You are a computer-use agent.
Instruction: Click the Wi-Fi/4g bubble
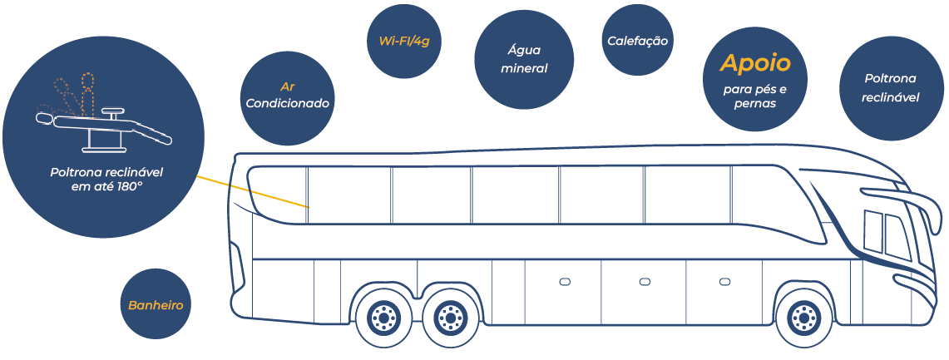(x=404, y=41)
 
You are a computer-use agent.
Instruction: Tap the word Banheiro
(x=156, y=306)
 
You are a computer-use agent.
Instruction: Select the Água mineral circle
(x=523, y=59)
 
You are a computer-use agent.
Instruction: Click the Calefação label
(x=637, y=41)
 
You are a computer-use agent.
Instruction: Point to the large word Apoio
(x=754, y=63)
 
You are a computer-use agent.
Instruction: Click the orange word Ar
(x=287, y=86)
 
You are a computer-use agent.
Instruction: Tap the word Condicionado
(x=287, y=103)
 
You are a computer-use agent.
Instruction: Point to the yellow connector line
(x=253, y=192)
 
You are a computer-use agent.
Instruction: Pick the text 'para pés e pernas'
(x=754, y=96)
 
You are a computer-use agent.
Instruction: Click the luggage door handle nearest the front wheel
(x=724, y=281)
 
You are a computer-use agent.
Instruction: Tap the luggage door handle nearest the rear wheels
(x=565, y=281)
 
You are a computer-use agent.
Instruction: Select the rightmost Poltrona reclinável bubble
(x=891, y=88)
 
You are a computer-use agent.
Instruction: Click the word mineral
(x=524, y=68)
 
